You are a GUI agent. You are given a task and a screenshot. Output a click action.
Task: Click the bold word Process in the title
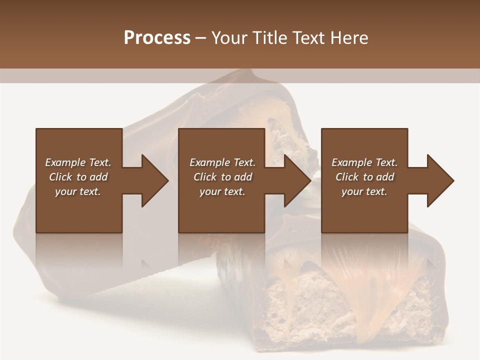(157, 38)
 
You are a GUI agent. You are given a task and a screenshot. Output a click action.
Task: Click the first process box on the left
(79, 215)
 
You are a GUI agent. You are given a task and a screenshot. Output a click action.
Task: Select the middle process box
(221, 215)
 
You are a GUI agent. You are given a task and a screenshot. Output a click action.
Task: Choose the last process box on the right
(364, 215)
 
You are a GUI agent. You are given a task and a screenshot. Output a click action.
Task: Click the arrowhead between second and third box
(298, 180)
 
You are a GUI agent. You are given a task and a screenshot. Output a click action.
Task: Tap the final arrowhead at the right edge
(440, 180)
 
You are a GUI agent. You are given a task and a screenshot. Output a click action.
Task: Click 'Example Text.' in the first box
(78, 162)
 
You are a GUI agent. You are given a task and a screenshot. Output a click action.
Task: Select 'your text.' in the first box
(78, 191)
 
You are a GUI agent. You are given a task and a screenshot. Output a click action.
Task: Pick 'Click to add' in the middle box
(222, 177)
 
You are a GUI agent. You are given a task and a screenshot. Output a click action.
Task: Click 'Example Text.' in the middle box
(222, 162)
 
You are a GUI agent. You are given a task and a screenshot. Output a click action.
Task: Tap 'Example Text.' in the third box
(364, 162)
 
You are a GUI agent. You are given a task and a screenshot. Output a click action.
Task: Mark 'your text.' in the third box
(364, 191)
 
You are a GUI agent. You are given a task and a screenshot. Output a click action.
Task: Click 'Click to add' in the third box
(364, 177)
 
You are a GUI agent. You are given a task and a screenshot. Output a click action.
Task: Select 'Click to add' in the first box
(78, 177)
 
